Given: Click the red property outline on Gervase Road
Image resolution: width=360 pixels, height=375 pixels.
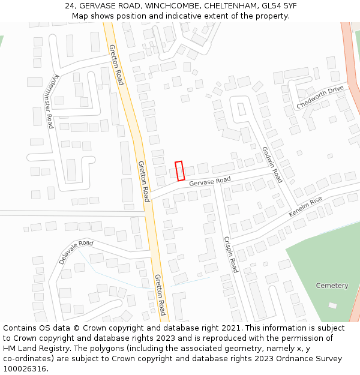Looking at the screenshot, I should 179,171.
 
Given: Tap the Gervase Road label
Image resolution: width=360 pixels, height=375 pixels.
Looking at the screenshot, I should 210,181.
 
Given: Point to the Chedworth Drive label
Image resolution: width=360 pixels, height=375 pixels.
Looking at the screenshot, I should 320,98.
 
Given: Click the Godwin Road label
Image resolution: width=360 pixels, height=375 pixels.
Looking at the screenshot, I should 271,164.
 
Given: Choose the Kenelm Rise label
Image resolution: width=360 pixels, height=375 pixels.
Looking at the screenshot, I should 305,206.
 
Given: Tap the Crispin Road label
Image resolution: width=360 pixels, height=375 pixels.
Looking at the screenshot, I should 230,254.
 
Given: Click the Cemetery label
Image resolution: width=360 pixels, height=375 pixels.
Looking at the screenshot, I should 332,286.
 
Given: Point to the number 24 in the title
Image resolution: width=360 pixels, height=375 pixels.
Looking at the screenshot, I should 70,6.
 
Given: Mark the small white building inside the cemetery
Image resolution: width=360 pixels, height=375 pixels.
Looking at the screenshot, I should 332,305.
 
